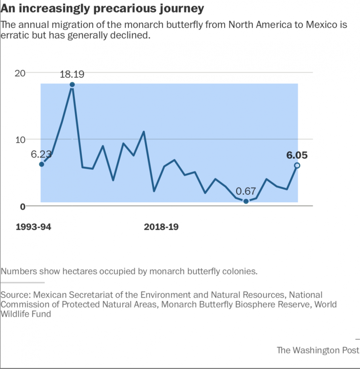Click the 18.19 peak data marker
click(x=72, y=85)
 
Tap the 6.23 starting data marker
click(x=41, y=164)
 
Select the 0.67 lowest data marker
click(x=246, y=201)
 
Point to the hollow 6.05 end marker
click(x=297, y=165)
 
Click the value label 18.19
click(x=72, y=74)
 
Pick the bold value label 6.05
click(x=297, y=155)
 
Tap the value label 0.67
click(x=246, y=191)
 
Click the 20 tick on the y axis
click(x=20, y=73)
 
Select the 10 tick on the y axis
click(x=20, y=139)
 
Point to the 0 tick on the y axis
click(x=22, y=206)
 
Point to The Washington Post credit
click(x=318, y=350)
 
